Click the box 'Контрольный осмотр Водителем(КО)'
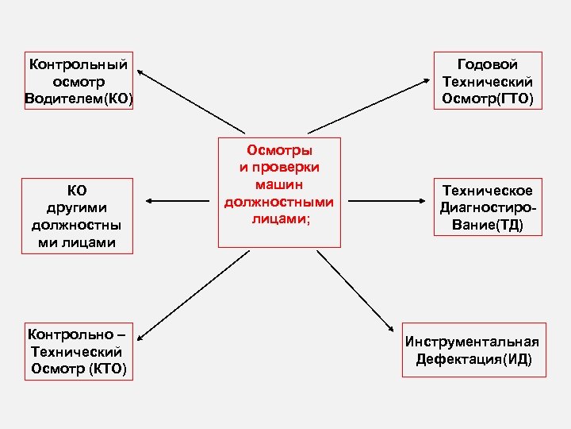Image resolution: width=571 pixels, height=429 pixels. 79,81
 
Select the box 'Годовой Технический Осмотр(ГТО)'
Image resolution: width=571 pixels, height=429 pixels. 488,81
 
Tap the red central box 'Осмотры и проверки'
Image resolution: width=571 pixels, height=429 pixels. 279,191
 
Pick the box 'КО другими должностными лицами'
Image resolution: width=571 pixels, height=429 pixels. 78,216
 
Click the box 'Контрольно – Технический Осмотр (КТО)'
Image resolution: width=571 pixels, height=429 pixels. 78,350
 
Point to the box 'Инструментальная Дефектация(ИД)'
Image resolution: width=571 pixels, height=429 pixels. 472,350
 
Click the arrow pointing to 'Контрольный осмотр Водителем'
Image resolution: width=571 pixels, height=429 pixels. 190,102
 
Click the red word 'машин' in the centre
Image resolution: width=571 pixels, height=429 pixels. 279,184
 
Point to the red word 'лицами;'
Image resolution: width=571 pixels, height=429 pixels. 279,219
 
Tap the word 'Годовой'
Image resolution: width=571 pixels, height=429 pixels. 488,64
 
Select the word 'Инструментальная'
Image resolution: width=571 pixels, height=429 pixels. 472,342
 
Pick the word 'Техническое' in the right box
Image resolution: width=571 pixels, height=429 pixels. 488,190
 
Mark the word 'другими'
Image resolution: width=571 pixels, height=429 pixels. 78,207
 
